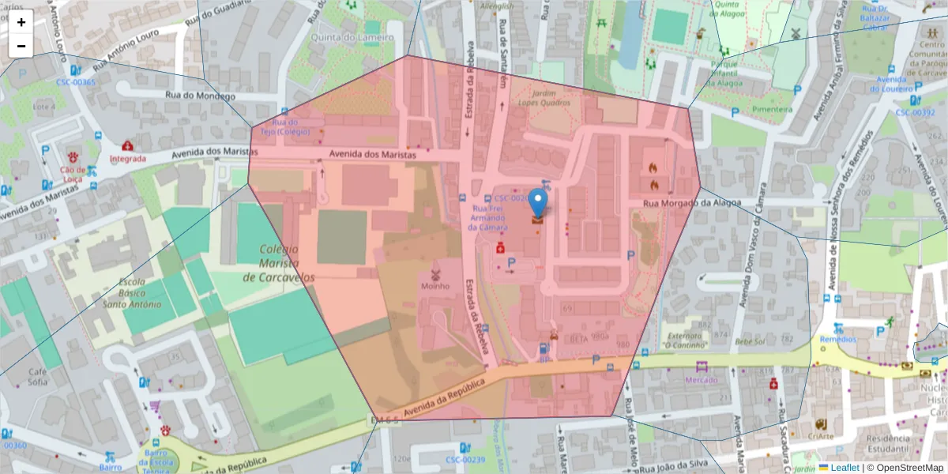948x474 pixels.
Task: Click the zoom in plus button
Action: click(x=21, y=22)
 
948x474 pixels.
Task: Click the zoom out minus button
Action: click(x=21, y=46)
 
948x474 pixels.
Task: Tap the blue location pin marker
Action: click(x=538, y=203)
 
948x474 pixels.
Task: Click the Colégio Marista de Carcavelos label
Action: click(x=279, y=264)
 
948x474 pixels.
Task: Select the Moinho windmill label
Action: click(x=434, y=286)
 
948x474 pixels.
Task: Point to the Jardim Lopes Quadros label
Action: click(x=544, y=96)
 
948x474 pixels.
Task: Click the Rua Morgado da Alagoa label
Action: click(x=692, y=203)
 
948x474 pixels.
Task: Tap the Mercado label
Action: click(x=701, y=380)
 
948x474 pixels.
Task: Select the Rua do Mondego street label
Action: click(x=200, y=96)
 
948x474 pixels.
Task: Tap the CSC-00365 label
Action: click(x=75, y=82)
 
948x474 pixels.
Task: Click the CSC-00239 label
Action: click(x=465, y=459)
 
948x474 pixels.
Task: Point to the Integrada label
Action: click(x=128, y=158)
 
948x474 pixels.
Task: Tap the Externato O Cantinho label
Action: click(x=685, y=339)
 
